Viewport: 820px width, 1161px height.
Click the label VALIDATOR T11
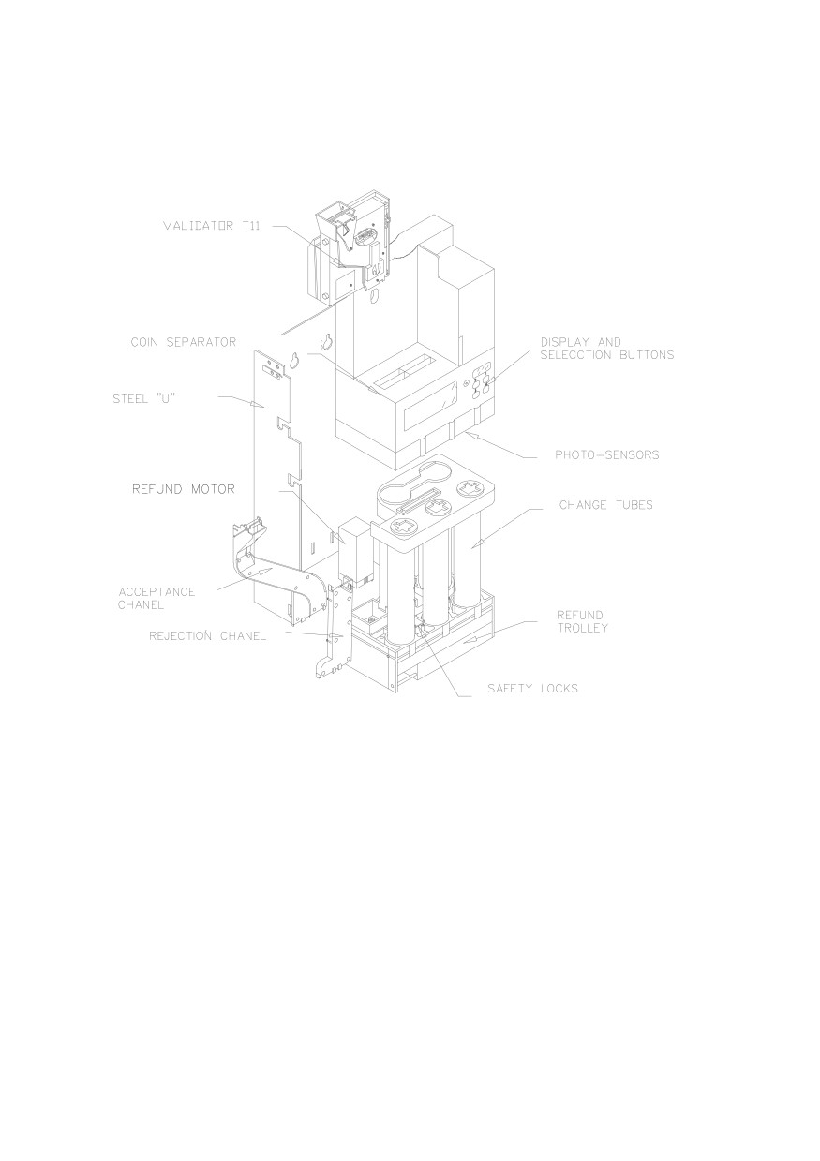pyautogui.click(x=212, y=226)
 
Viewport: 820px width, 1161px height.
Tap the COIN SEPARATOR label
pyautogui.click(x=184, y=342)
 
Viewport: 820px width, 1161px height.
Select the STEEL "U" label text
pyautogui.click(x=144, y=398)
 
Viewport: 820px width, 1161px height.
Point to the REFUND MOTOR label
pyautogui.click(x=184, y=489)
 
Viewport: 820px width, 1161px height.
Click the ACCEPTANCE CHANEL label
pyautogui.click(x=157, y=598)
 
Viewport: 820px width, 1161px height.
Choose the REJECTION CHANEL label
pyautogui.click(x=207, y=635)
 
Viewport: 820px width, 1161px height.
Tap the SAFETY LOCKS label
pyautogui.click(x=532, y=689)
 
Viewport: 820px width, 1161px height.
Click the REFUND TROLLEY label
pyautogui.click(x=582, y=621)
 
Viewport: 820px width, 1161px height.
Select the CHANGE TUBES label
pyautogui.click(x=605, y=505)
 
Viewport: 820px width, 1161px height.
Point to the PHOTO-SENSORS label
pyautogui.click(x=607, y=455)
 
